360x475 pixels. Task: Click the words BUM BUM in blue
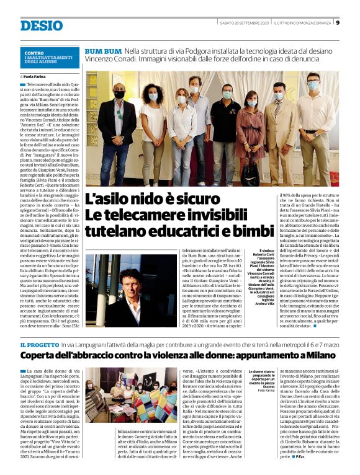(x=102, y=49)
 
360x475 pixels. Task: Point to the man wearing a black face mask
(x=119, y=124)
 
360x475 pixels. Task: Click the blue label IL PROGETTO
(x=38, y=344)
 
